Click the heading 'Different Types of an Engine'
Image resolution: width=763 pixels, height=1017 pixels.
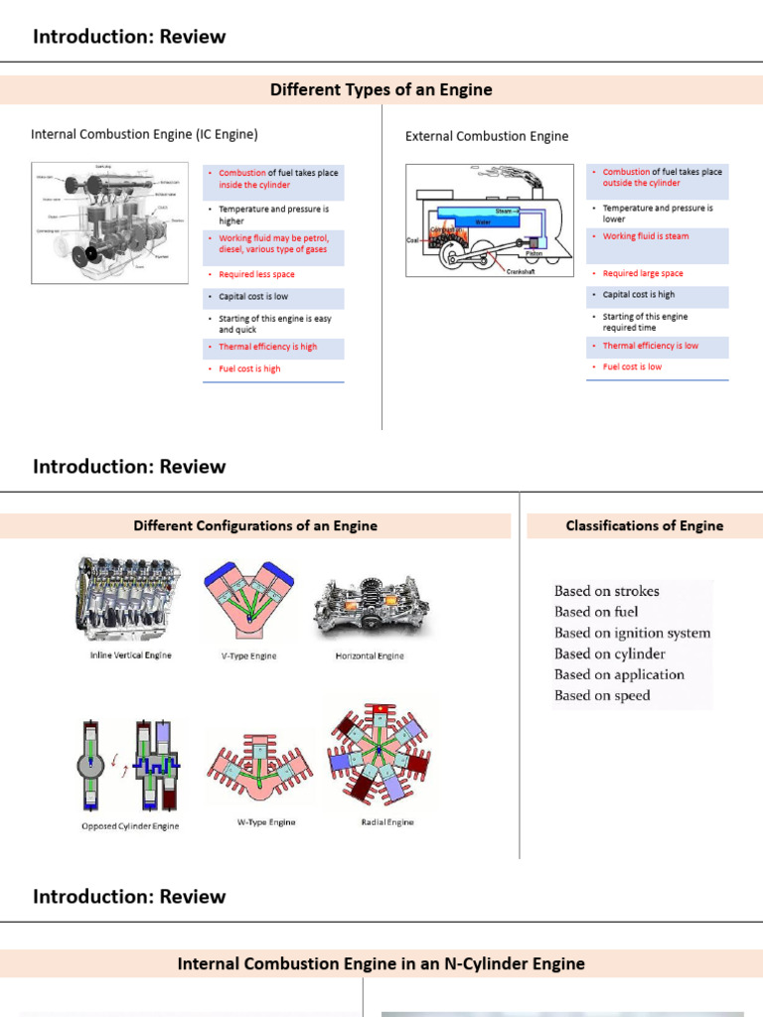(x=381, y=90)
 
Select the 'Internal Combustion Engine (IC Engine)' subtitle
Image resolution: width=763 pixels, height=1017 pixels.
(x=145, y=134)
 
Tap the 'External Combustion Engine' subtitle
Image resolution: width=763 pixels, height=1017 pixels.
(x=487, y=136)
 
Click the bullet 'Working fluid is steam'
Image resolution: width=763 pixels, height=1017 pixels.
(x=645, y=236)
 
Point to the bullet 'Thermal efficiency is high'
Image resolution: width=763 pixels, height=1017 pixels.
(x=267, y=348)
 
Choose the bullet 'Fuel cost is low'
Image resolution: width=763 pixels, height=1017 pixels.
(x=632, y=366)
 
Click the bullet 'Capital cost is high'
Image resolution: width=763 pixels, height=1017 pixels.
(x=638, y=295)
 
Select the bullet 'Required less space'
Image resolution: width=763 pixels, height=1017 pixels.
(x=256, y=274)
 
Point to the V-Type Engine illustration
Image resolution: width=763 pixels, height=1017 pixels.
(x=248, y=605)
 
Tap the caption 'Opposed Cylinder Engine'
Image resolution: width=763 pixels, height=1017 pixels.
(x=130, y=826)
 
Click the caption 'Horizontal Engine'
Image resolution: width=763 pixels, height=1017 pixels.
(x=370, y=656)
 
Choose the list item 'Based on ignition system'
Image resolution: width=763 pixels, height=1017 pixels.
(x=632, y=633)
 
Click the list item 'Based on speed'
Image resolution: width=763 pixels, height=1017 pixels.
(x=602, y=695)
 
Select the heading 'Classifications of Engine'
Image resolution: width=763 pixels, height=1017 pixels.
(x=644, y=526)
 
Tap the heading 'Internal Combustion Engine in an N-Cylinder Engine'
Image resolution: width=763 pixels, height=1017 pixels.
(x=381, y=963)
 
